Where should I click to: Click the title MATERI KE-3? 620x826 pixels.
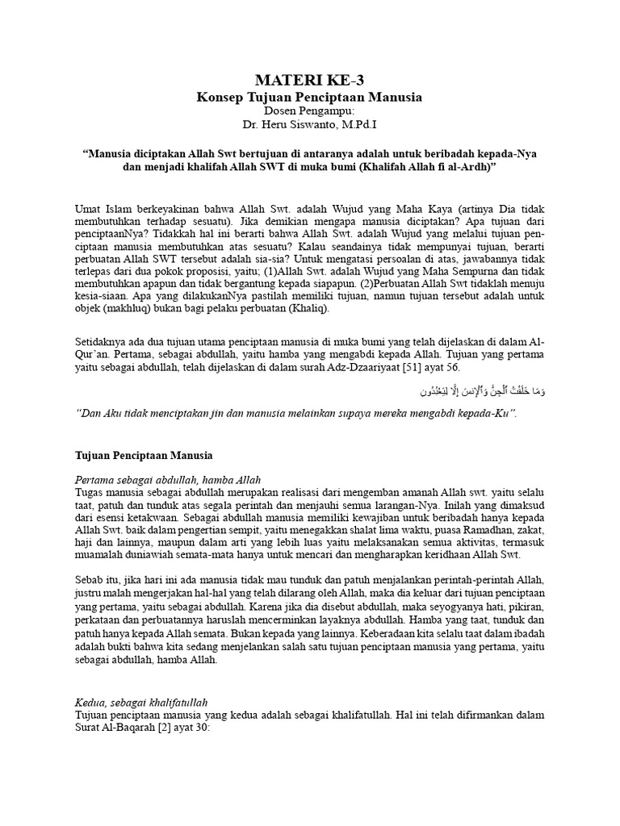point(310,79)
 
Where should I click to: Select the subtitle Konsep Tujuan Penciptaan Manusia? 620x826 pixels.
point(310,97)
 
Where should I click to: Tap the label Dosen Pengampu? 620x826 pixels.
point(310,111)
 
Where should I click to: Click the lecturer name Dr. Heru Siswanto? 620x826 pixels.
point(310,125)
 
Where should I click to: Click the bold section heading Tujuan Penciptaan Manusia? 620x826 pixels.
point(143,456)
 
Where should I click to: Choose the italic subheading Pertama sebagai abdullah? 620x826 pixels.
point(168,480)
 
